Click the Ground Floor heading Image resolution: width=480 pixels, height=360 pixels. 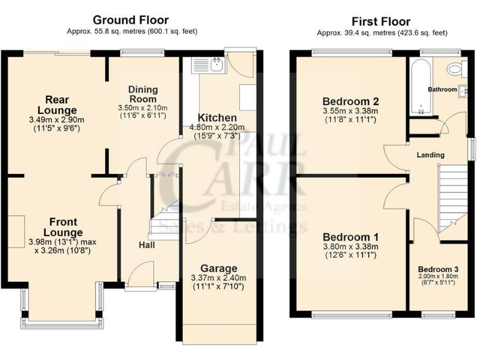[131, 20]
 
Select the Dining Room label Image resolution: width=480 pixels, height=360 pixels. [143, 94]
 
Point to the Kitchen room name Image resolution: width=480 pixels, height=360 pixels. [217, 117]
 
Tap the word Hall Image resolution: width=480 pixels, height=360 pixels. [146, 244]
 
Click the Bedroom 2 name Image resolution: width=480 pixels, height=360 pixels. [351, 101]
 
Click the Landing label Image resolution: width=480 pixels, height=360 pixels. [431, 155]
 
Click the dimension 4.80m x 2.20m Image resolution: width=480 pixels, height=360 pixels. [217, 127]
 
